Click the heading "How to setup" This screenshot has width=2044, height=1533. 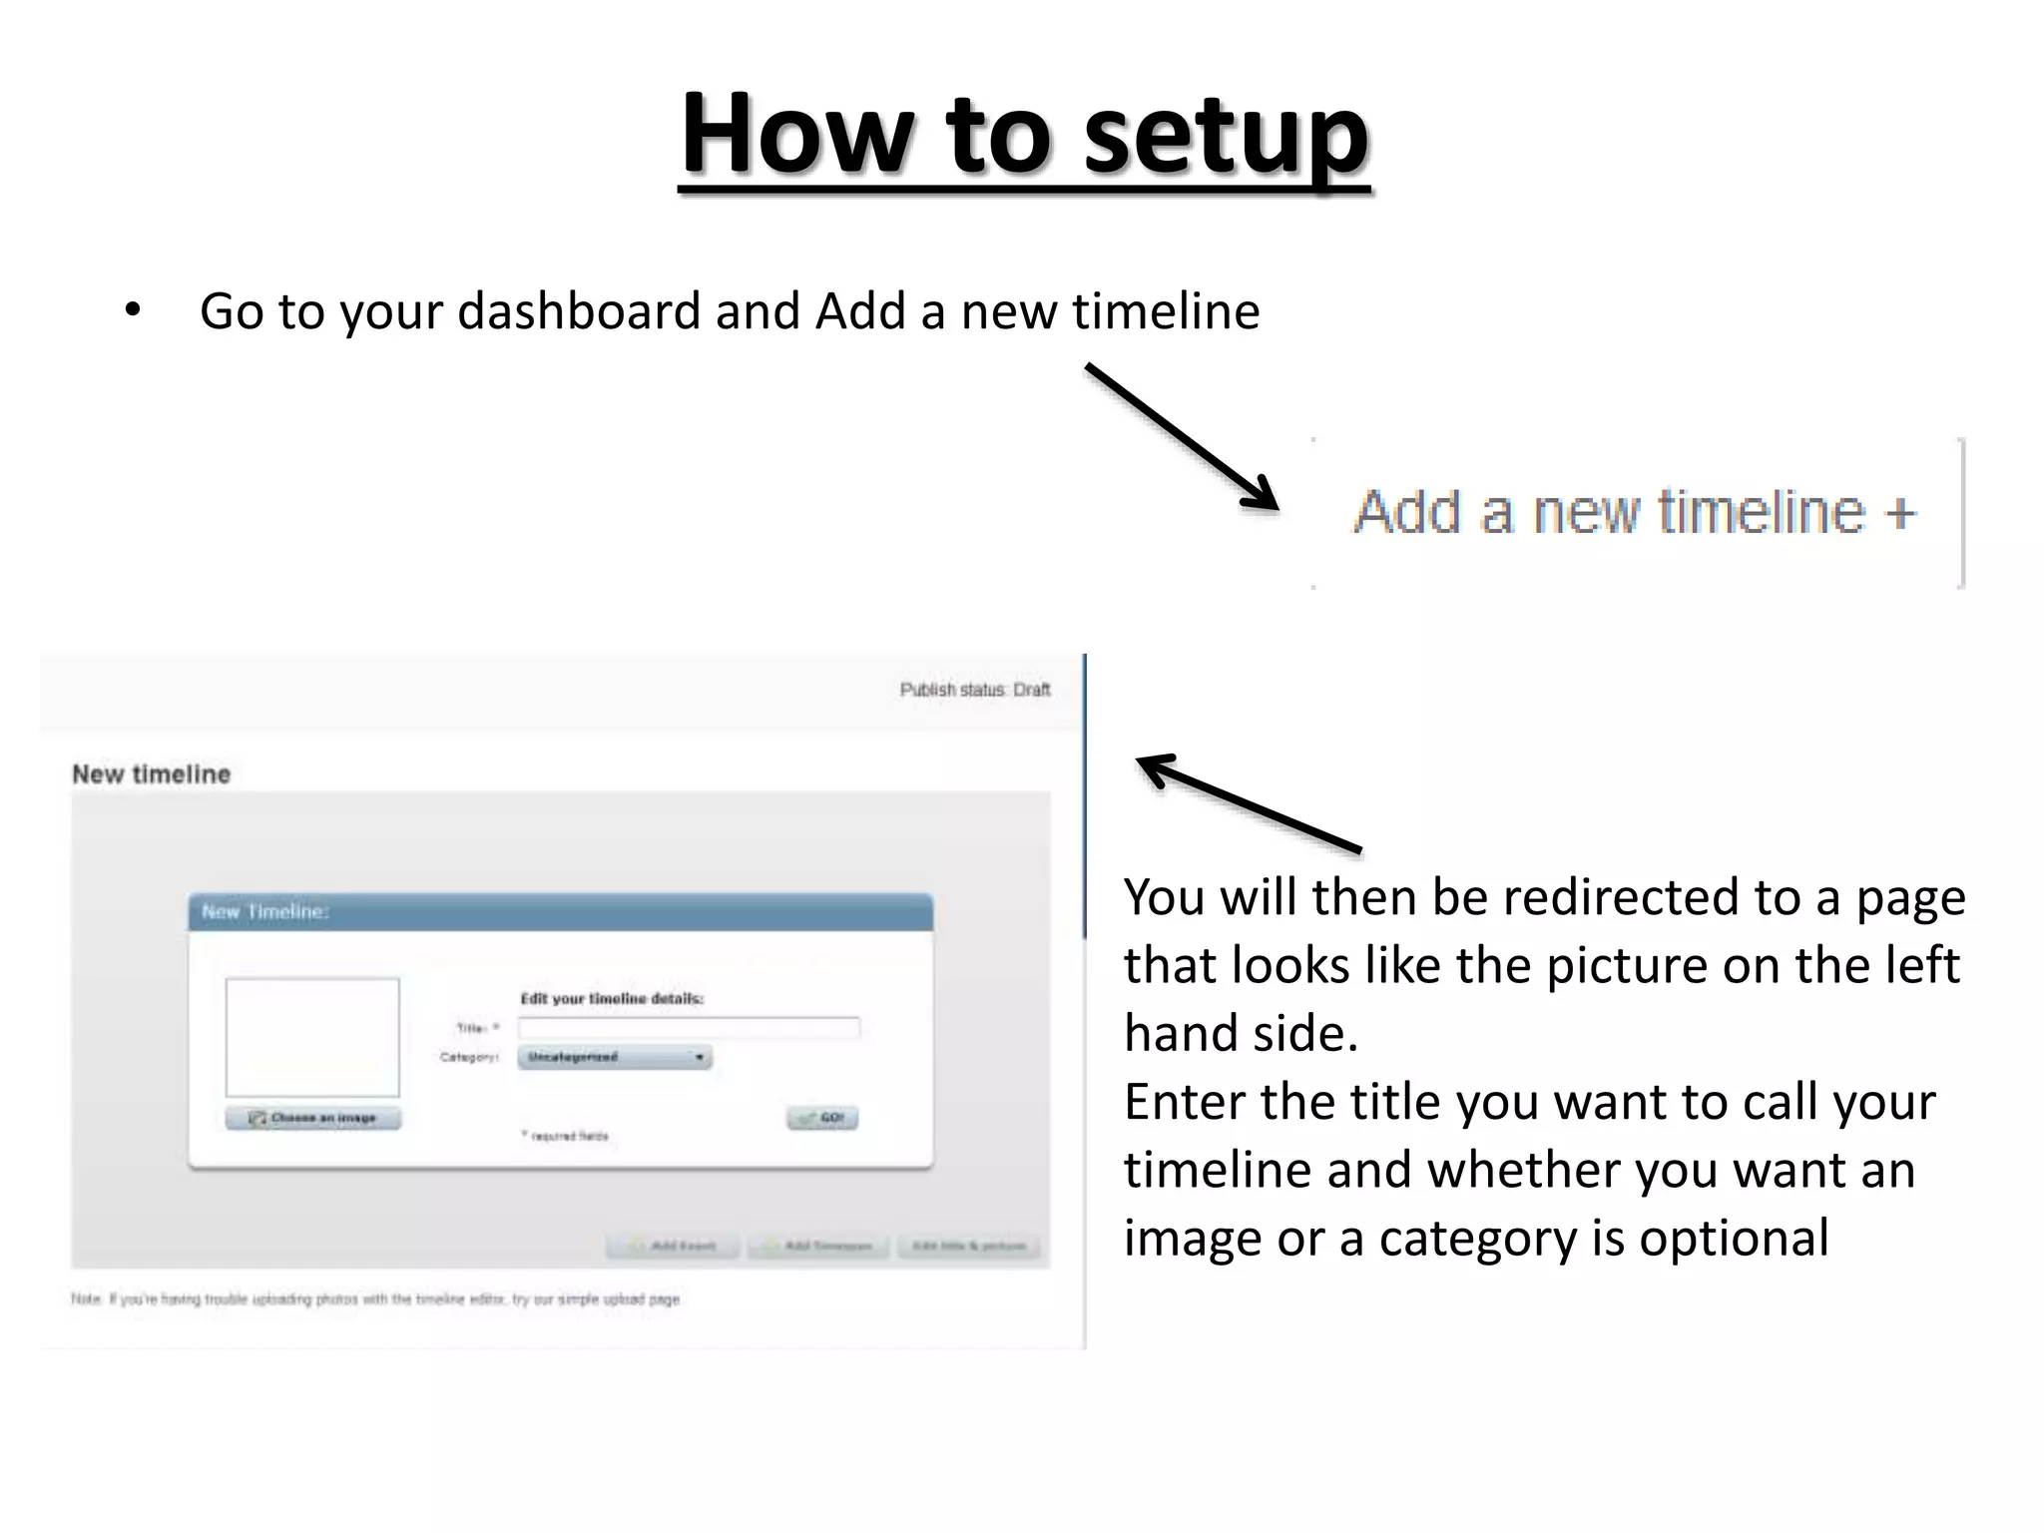(x=1024, y=134)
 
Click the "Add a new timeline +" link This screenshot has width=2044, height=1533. (x=1635, y=512)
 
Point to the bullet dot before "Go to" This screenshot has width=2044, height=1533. (x=133, y=310)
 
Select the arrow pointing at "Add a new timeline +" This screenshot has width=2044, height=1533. (x=1182, y=436)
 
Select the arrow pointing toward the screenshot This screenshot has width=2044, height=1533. (x=1248, y=802)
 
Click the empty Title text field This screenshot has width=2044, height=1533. (x=688, y=1027)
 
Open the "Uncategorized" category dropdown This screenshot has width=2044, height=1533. (x=614, y=1057)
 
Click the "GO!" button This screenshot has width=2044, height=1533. (x=822, y=1118)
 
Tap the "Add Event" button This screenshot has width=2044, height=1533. (x=674, y=1246)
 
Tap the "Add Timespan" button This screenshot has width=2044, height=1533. (x=818, y=1246)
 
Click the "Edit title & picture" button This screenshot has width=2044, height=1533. (x=968, y=1246)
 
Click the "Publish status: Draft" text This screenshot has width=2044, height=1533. (x=974, y=690)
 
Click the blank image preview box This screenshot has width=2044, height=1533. (x=312, y=1037)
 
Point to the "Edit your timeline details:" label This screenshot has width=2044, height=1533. (x=612, y=998)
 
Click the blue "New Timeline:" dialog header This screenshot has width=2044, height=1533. (x=560, y=912)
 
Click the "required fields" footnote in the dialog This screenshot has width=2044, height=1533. (x=566, y=1136)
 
